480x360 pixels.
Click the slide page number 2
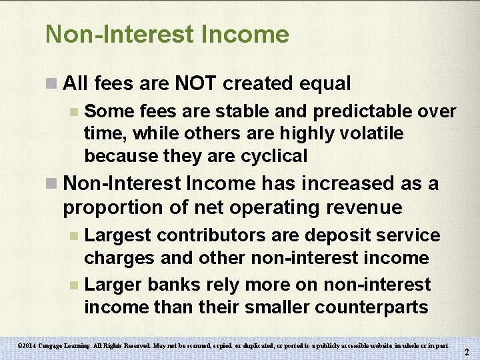coord(467,352)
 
